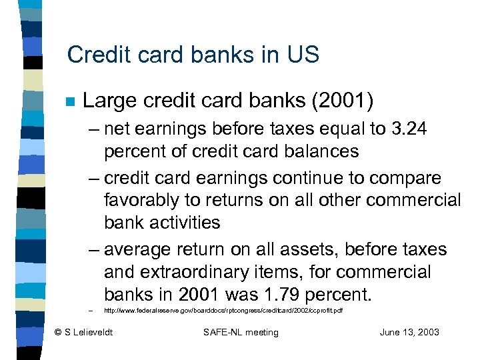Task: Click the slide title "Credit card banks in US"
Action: pos(193,55)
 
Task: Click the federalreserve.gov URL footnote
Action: pos(223,311)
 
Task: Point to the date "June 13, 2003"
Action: pos(409,332)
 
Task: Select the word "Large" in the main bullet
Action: pos(107,101)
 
